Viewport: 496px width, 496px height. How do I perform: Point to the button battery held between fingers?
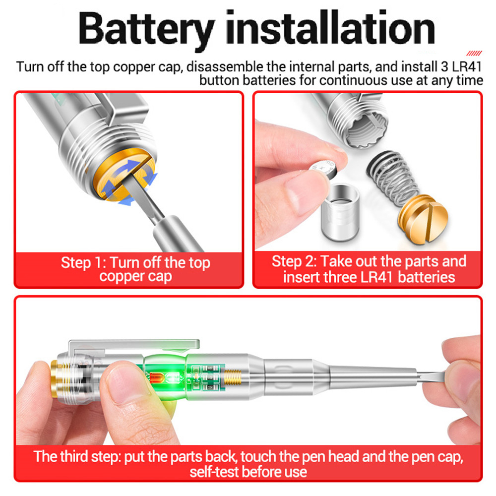point(323,171)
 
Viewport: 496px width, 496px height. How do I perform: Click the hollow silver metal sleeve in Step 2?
point(340,212)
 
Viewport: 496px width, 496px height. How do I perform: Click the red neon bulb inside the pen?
point(157,378)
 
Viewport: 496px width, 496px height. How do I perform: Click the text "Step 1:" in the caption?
point(83,263)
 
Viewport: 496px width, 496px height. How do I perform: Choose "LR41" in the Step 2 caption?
point(376,277)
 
